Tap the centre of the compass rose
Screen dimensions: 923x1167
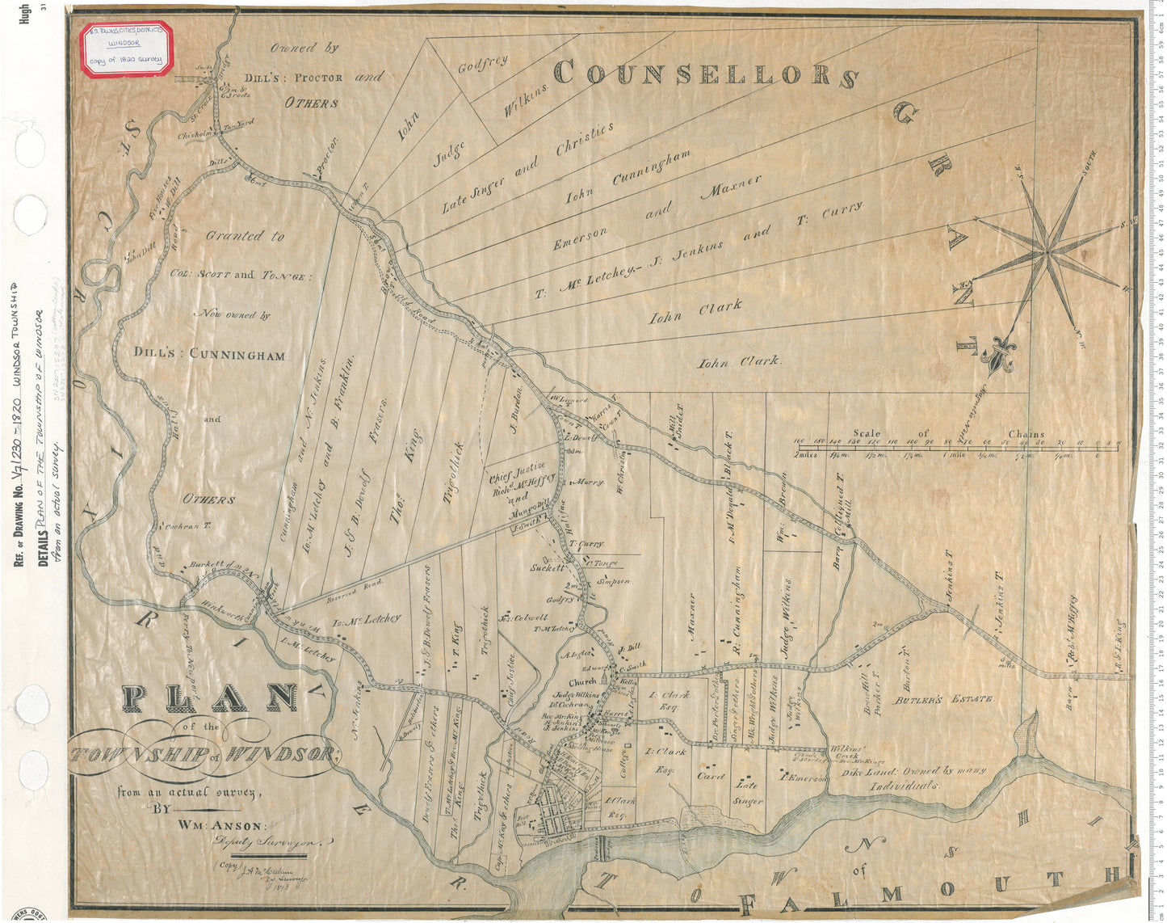1048,254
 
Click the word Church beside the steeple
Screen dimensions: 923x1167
582,682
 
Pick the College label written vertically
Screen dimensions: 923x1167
623,760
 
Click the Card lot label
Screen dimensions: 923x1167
710,776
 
